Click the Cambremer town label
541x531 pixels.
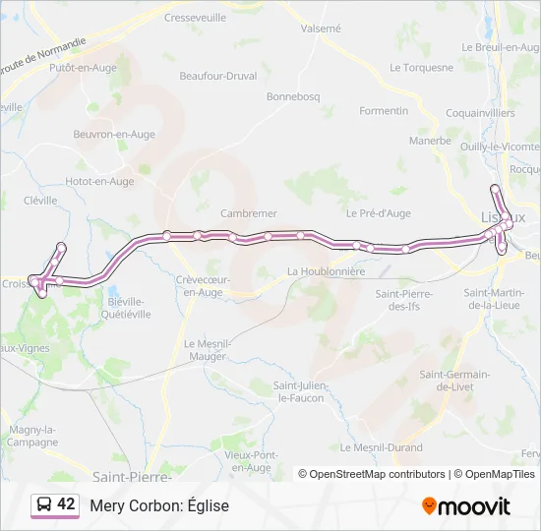tap(249, 212)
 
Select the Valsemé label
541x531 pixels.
tap(321, 29)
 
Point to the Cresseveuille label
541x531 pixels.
tap(196, 18)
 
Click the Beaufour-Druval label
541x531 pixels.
tap(219, 75)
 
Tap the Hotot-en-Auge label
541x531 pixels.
tap(99, 181)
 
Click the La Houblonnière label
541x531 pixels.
tap(327, 271)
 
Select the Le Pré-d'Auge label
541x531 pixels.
tap(379, 212)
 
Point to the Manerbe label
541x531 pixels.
tap(430, 141)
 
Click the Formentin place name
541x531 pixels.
tap(384, 111)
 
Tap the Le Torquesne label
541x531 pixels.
tap(422, 68)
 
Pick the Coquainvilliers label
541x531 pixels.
tap(480, 113)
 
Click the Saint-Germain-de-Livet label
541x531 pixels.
tap(455, 381)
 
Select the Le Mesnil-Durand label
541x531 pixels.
tap(382, 447)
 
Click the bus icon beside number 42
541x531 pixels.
tap(44, 505)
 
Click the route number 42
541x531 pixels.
tap(66, 504)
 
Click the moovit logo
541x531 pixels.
tap(466, 506)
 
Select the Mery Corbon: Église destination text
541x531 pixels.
tap(159, 505)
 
